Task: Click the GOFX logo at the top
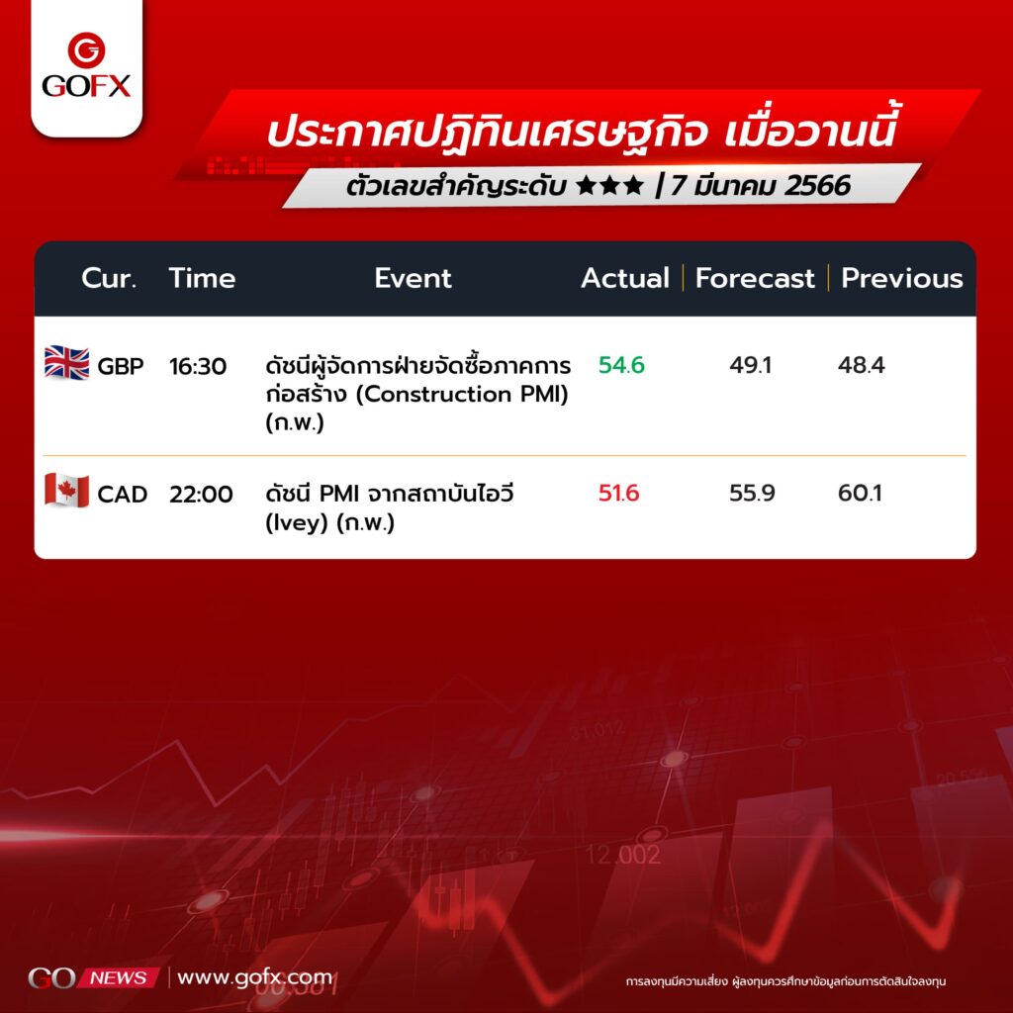click(x=86, y=65)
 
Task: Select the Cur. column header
click(x=109, y=278)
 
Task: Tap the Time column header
click(x=202, y=278)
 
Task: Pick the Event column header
click(x=413, y=278)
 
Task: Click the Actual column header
click(x=625, y=278)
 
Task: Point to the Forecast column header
click(x=755, y=278)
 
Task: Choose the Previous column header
click(x=902, y=278)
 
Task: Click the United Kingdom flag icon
click(x=66, y=363)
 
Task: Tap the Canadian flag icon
click(x=66, y=491)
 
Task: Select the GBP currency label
click(x=120, y=366)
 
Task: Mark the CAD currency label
click(x=122, y=495)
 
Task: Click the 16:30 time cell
click(x=198, y=366)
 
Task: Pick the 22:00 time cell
click(x=201, y=495)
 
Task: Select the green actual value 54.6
click(x=621, y=365)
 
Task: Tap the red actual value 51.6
click(x=618, y=493)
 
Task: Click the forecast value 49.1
click(x=750, y=365)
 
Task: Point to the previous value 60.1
click(x=860, y=493)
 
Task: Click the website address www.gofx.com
click(x=254, y=977)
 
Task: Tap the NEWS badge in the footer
click(x=119, y=977)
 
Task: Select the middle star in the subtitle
click(x=609, y=185)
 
